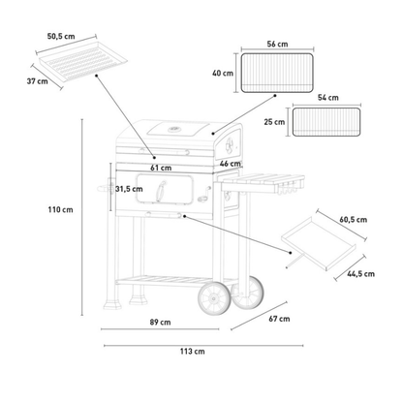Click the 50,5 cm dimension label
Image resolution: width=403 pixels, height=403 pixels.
(61, 36)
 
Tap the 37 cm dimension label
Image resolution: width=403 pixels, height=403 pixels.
(37, 81)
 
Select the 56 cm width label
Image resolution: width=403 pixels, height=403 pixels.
(277, 44)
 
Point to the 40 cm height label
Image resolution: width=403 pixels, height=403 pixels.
(223, 74)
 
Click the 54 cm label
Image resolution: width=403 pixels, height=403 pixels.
(328, 98)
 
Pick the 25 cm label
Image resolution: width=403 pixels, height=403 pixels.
(274, 122)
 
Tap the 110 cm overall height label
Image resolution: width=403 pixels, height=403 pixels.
(61, 209)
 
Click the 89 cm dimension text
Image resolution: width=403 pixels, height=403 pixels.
(160, 322)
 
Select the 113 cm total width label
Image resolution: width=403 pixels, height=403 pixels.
(193, 351)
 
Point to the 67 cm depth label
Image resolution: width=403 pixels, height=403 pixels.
(279, 319)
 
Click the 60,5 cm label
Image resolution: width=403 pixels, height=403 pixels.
(354, 220)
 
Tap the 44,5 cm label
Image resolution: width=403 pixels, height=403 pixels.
(361, 274)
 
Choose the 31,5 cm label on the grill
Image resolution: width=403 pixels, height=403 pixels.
(129, 189)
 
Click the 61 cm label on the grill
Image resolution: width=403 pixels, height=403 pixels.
(161, 168)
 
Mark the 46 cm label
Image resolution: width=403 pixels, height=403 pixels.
(231, 164)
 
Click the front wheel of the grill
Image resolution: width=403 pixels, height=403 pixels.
(214, 298)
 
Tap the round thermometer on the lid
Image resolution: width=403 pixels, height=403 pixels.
(174, 130)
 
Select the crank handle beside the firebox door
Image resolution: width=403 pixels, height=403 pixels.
(204, 196)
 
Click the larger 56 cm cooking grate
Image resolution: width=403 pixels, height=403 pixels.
(277, 73)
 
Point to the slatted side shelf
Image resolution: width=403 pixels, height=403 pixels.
(263, 183)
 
